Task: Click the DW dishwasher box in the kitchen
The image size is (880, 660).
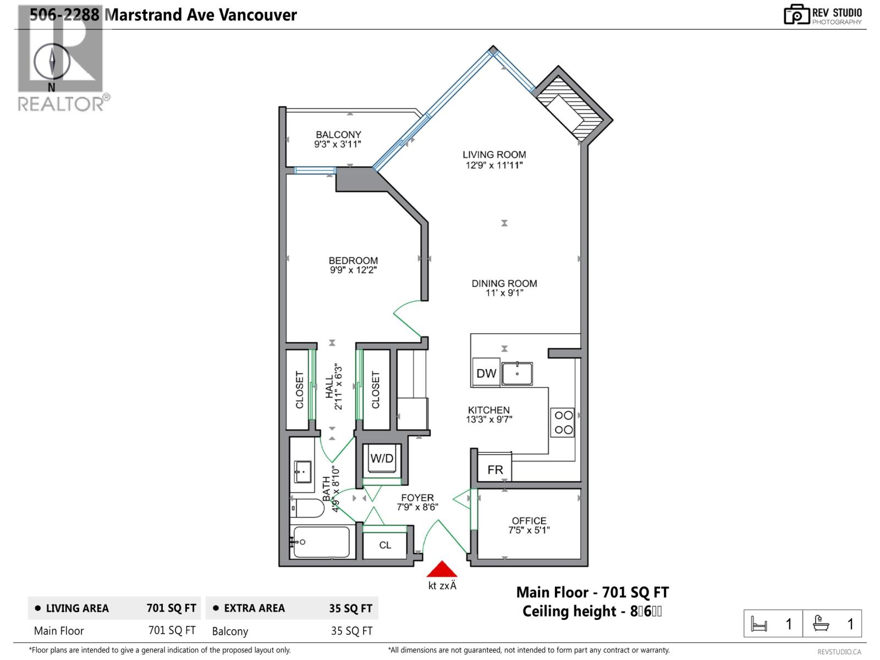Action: (x=486, y=373)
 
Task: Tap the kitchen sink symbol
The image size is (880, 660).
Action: (x=517, y=373)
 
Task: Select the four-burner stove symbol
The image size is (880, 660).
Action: (x=563, y=422)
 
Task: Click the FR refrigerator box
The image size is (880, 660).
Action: (x=495, y=469)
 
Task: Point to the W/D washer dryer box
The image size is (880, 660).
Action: (x=382, y=459)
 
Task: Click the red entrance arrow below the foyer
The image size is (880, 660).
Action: (x=442, y=569)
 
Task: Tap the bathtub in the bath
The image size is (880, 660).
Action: (x=321, y=542)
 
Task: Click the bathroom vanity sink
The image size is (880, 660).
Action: (x=302, y=472)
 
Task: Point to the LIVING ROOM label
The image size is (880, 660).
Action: (x=494, y=155)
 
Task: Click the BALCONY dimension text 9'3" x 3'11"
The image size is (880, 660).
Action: (x=338, y=145)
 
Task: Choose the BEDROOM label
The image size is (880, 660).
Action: (x=353, y=261)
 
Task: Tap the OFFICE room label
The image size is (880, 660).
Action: (x=529, y=520)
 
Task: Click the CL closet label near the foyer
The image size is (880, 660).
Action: (x=385, y=545)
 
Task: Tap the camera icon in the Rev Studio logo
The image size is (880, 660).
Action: (x=796, y=15)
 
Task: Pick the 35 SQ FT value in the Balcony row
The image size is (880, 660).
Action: (x=351, y=631)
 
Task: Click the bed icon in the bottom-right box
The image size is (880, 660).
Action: (x=759, y=624)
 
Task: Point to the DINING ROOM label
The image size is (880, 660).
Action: (x=504, y=284)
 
